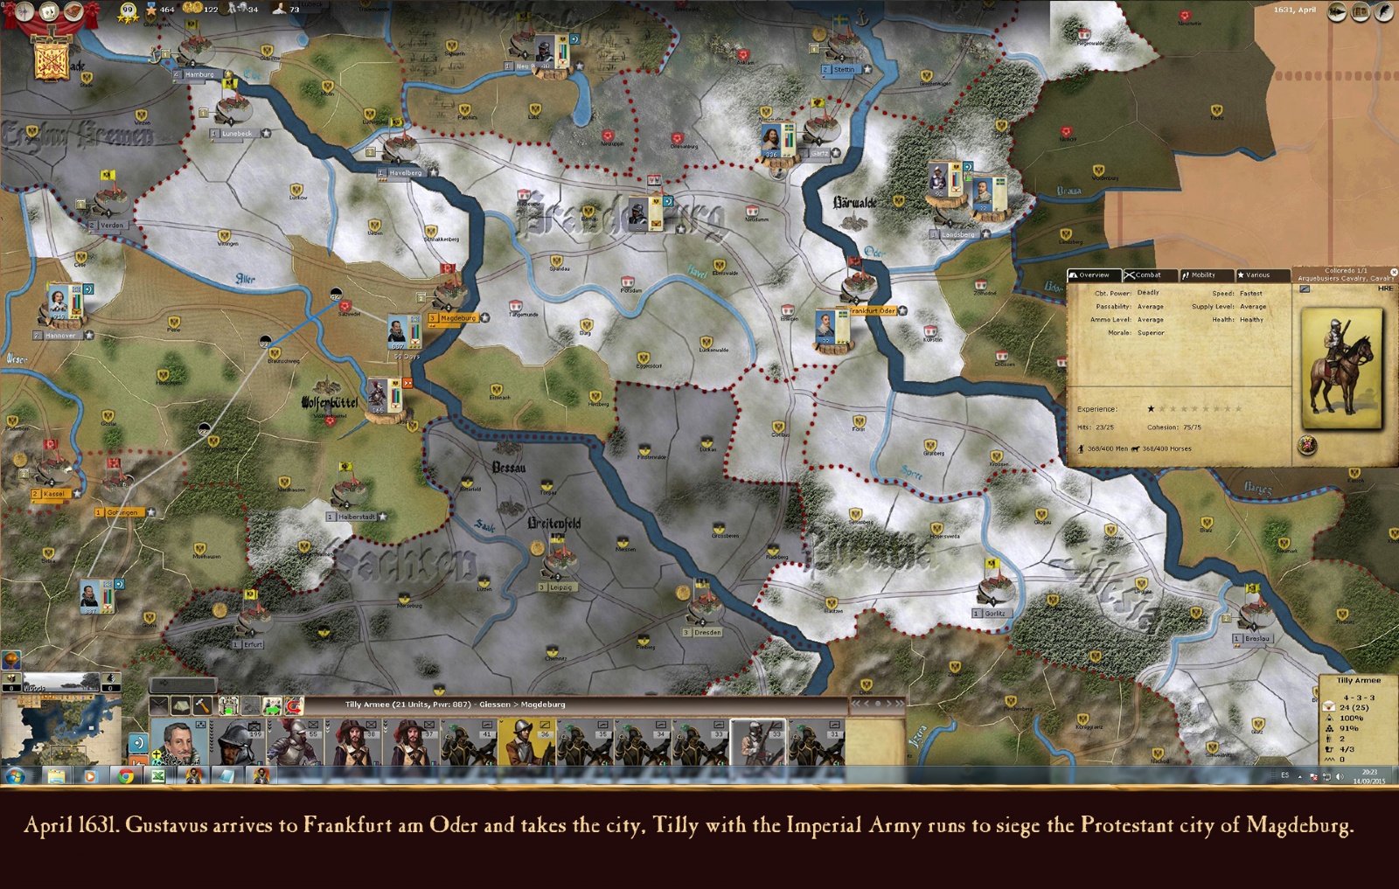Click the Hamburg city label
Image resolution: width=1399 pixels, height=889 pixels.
coord(199,74)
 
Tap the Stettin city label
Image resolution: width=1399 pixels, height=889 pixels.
coord(844,69)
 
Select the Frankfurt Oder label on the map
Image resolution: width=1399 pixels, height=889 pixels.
coord(873,310)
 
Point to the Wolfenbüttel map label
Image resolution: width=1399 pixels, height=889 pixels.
coord(330,403)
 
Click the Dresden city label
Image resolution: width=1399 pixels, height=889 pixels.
coord(707,632)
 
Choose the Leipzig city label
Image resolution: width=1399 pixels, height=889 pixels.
coord(561,587)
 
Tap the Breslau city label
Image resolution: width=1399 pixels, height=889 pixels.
coord(1257,638)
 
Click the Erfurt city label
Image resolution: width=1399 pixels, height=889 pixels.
coord(253,644)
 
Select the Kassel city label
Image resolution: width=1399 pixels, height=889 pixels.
coord(53,494)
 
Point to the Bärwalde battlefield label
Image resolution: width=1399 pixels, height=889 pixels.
coord(854,203)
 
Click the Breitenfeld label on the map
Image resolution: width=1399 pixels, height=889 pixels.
coord(554,524)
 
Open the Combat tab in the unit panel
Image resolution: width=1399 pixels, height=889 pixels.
coord(1147,275)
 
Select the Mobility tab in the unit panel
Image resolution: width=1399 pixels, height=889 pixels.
coord(1202,275)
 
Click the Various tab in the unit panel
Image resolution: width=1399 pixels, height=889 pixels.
coord(1257,275)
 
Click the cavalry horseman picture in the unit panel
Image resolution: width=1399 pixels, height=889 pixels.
coord(1341,367)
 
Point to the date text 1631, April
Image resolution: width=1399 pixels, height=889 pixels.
coord(1294,10)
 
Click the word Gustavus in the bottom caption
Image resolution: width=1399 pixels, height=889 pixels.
coord(167,825)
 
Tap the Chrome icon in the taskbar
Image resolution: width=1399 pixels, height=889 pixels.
coord(126,775)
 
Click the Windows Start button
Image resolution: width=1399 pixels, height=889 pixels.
coord(15,775)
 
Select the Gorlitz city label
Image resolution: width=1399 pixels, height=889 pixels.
coord(994,613)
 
